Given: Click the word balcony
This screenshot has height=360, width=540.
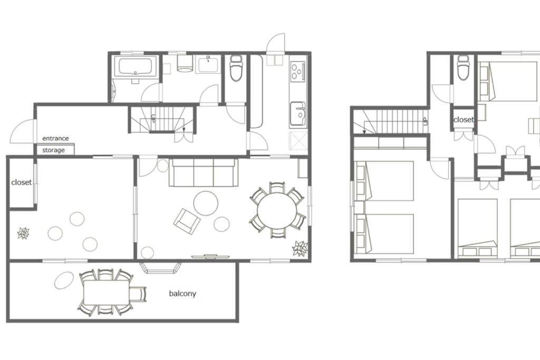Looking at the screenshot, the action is click(182, 294).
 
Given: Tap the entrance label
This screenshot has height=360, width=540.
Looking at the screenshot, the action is click(55, 138).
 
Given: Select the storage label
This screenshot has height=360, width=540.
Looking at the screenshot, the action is click(53, 150).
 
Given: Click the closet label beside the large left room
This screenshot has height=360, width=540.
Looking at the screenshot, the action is click(21, 182).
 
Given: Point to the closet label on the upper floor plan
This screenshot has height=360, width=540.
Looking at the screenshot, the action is click(464, 120).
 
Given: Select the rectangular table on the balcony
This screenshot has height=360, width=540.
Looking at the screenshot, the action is click(107, 292).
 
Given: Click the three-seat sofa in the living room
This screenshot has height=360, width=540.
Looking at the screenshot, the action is click(203, 172).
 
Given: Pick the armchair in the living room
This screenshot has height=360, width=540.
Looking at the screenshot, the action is click(187, 221).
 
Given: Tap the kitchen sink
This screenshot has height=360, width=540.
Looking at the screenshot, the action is click(298, 113).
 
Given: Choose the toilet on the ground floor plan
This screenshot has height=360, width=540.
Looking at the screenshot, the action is click(236, 68).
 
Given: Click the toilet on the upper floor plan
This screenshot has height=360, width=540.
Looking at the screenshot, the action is click(464, 67).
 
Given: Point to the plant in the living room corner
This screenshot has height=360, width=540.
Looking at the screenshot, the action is click(300, 248).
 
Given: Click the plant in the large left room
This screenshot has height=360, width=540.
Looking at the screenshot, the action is click(23, 233).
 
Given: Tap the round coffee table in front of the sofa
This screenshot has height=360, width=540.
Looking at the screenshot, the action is click(206, 203).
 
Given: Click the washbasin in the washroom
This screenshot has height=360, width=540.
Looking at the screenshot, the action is click(208, 65).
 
